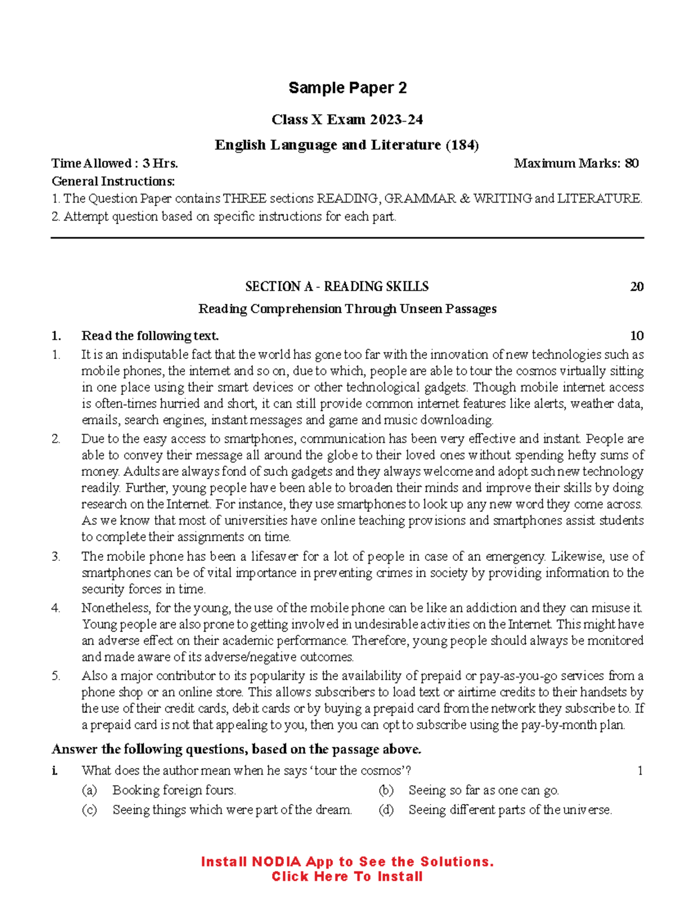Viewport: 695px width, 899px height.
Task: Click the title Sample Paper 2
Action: [x=348, y=88]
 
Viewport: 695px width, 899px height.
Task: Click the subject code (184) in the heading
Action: [x=462, y=145]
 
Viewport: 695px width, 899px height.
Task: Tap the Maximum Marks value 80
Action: [x=631, y=163]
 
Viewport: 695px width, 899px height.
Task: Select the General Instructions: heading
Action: [x=113, y=181]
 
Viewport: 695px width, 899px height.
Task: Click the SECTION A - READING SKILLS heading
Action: [x=336, y=287]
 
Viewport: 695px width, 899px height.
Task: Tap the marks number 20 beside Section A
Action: [x=637, y=287]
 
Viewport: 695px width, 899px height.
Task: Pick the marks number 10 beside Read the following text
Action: [x=637, y=336]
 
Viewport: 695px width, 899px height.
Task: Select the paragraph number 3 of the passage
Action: [x=56, y=556]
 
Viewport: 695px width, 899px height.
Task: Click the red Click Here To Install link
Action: [x=347, y=876]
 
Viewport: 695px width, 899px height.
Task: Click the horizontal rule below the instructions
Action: [x=348, y=237]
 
